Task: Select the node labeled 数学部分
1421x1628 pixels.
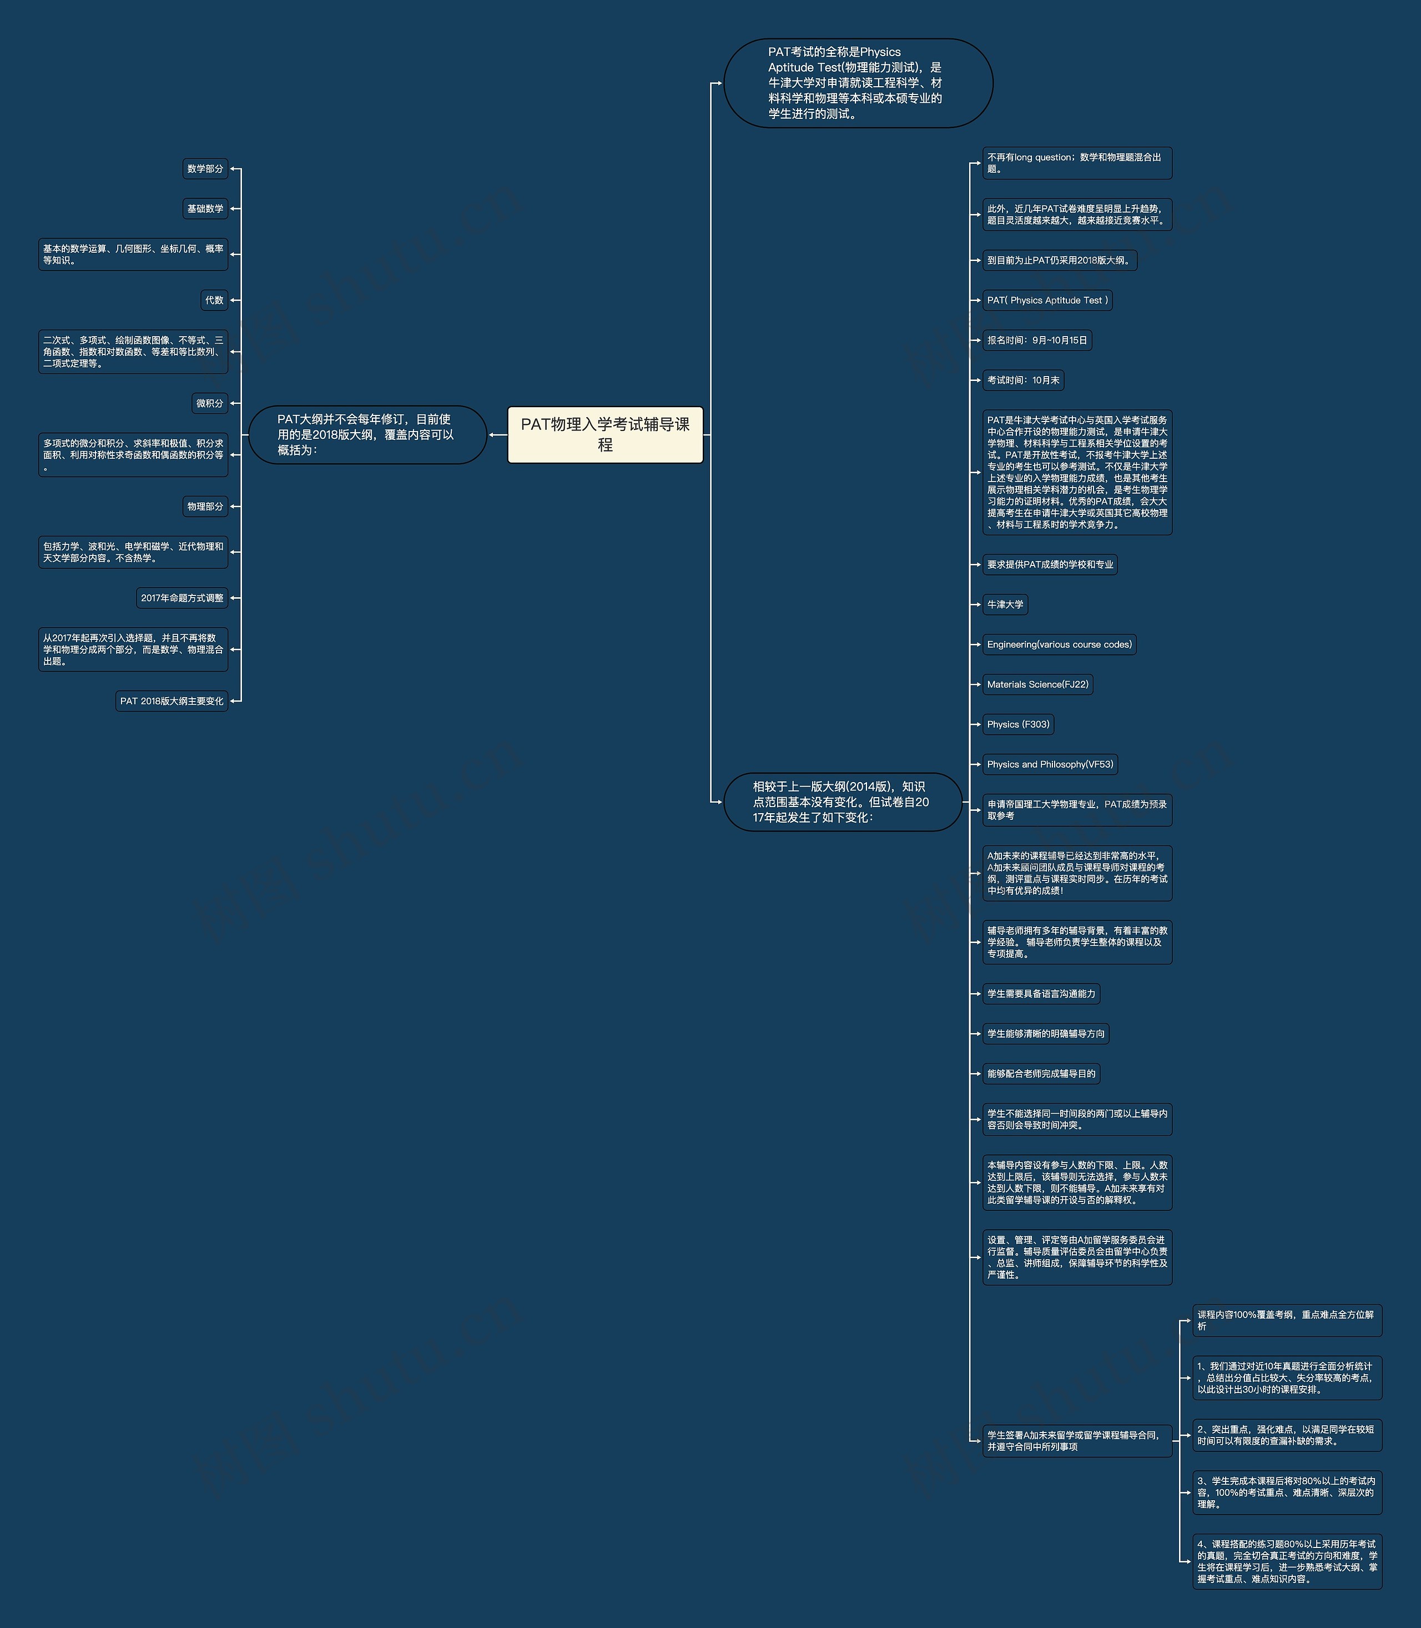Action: [x=205, y=169]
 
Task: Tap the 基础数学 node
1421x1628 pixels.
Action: [x=205, y=209]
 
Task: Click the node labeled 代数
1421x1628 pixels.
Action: [x=214, y=300]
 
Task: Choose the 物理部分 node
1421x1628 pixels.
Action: [x=205, y=506]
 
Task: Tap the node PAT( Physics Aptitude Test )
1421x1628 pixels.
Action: [x=1047, y=300]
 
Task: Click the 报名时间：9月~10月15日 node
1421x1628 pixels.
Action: [x=1036, y=340]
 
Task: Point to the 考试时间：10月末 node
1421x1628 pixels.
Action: [x=1023, y=380]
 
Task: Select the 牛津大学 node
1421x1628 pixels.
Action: [x=1005, y=604]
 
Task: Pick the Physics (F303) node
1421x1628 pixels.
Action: [x=1018, y=724]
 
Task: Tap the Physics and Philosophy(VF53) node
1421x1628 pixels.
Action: [x=1050, y=764]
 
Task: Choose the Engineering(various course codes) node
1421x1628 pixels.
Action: [x=1059, y=644]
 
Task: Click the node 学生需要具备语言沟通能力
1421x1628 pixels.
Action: [x=1040, y=993]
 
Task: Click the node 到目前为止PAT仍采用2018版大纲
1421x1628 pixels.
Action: [x=1059, y=261]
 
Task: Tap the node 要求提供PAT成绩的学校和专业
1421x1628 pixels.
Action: [x=1050, y=564]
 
